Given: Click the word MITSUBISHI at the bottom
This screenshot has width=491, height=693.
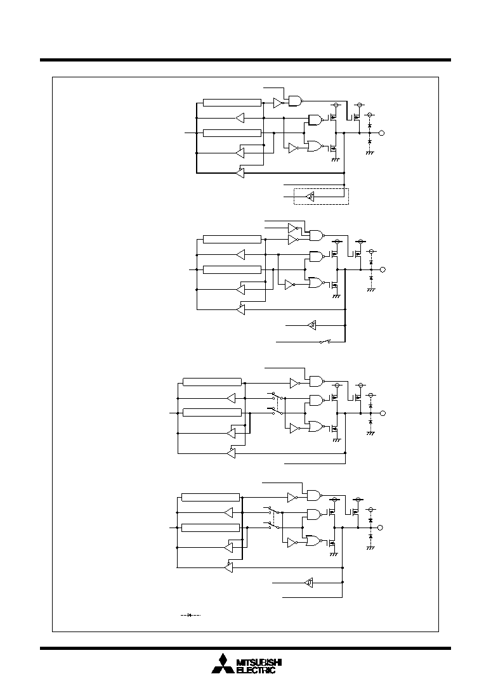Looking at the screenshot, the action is (x=259, y=662).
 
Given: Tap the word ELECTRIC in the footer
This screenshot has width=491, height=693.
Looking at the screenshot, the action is (x=256, y=670).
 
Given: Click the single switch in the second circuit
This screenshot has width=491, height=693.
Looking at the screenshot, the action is (x=325, y=342).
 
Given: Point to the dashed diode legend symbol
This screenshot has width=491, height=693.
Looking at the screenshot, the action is (x=190, y=615).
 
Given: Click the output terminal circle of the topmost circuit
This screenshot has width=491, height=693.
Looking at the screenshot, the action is (x=382, y=133).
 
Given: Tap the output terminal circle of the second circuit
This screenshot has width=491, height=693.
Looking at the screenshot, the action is (x=383, y=269).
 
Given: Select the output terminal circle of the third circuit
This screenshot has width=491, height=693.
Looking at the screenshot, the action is (x=383, y=413).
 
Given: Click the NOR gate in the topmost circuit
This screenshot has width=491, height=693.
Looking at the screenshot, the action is (x=315, y=146).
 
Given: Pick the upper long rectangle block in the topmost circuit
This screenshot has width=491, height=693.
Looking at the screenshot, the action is (x=232, y=103).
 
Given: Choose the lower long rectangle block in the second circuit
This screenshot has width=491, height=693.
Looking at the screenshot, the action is (x=232, y=269).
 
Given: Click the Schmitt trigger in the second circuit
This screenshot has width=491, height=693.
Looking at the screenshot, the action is (x=312, y=325).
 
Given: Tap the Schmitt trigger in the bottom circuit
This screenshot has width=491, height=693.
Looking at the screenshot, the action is (x=309, y=583).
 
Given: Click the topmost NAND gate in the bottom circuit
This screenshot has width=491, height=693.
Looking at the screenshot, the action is (x=315, y=495).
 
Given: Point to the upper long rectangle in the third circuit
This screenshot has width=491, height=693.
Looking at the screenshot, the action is (x=213, y=382).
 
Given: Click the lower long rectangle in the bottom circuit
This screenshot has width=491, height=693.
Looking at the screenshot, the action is (x=211, y=528).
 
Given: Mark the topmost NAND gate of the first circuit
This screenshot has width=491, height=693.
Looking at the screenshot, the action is (x=296, y=101).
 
